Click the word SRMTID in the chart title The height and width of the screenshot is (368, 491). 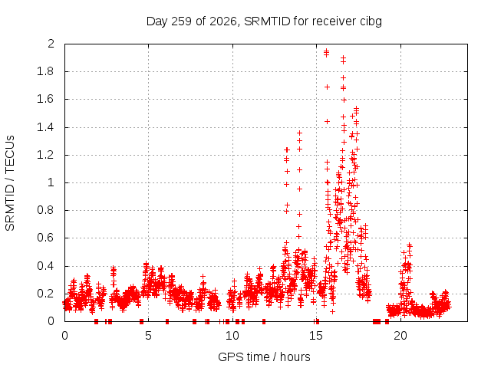coord(267,21)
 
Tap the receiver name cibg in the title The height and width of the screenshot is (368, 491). coord(371,22)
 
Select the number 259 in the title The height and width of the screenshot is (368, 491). coord(182,21)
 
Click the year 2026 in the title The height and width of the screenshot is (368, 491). coord(222,21)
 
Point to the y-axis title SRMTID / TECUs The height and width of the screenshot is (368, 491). coord(10,183)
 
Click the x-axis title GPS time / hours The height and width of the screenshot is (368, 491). coord(264,356)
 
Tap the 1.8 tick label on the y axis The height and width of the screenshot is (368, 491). coord(46,71)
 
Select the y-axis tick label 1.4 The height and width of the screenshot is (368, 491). coord(46,127)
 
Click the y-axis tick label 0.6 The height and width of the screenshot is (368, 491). coord(46,238)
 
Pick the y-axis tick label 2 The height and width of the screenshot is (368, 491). coord(51,44)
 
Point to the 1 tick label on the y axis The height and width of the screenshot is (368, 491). coord(51,182)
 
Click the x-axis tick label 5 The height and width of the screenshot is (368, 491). coord(148,336)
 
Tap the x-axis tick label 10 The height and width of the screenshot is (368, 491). coord(232,336)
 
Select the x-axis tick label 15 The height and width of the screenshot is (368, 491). coord(316,336)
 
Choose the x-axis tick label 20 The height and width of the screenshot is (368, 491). coord(400,336)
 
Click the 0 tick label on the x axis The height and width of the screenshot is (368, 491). coord(64,336)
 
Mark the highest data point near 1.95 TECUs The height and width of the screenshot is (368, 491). coord(326,51)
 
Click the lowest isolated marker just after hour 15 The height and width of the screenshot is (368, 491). coord(332,312)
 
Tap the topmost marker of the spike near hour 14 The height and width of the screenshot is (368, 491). coord(300,133)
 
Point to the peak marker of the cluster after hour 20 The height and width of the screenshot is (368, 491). coord(409,245)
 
